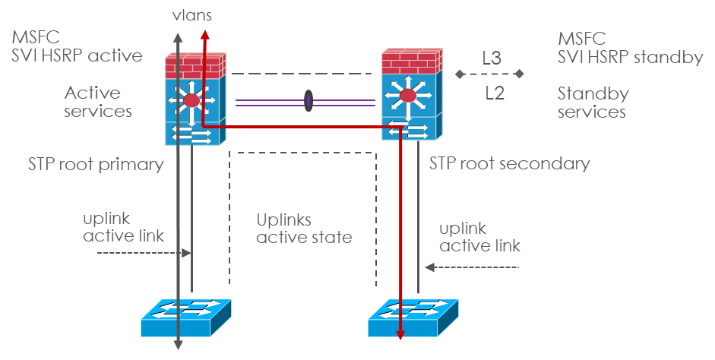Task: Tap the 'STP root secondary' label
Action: pos(509,163)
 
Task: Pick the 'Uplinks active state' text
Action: pos(304,229)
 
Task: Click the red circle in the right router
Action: pos(409,96)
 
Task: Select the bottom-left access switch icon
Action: pos(186,317)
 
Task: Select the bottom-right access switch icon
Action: pos(413,317)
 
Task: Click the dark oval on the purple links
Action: pos(308,102)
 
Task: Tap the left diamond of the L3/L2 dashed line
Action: pos(458,74)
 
